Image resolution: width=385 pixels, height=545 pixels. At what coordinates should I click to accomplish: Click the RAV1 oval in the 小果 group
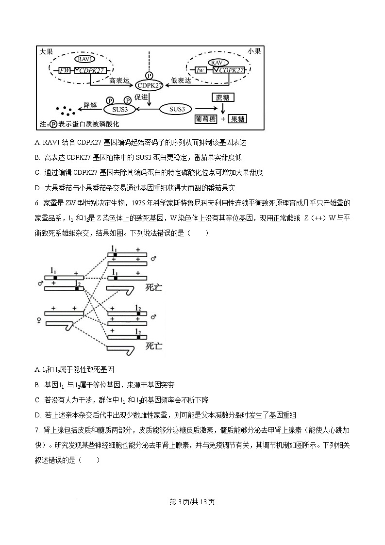click(218, 63)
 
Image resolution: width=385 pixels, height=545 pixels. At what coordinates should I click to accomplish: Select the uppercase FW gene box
click(65, 71)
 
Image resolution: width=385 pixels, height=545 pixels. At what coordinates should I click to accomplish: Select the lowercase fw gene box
click(200, 70)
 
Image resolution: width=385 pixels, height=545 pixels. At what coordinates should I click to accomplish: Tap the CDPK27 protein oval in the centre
click(149, 85)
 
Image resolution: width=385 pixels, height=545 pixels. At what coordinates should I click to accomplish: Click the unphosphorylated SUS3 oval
click(177, 109)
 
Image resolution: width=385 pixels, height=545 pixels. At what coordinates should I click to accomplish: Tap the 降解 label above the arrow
click(91, 105)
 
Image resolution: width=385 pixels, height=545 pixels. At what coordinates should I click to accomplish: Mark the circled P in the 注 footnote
click(53, 124)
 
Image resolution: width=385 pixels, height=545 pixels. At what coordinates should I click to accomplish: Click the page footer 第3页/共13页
click(192, 502)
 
